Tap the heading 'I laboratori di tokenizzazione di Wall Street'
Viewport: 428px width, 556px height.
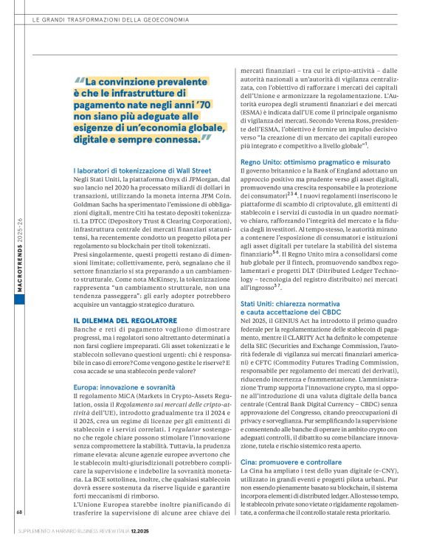click(x=142, y=170)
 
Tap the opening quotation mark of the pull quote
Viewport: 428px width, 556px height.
click(x=80, y=83)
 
